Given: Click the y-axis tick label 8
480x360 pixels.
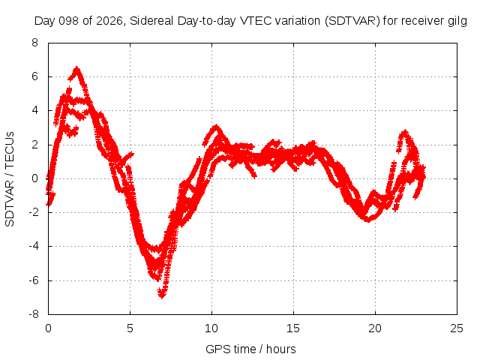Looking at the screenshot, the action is coord(35,43).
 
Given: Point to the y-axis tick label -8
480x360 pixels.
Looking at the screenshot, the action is coord(34,314).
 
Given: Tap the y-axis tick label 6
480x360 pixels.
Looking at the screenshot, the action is coord(35,76).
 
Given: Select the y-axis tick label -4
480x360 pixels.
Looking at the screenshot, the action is coord(34,246).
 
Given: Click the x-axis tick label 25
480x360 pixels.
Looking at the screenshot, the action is coord(457,328).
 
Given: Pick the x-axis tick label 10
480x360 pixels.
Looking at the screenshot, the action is coord(211,328).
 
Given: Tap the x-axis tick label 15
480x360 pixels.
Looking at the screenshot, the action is coord(293,328).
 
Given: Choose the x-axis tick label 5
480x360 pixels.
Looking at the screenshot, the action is coord(130,328).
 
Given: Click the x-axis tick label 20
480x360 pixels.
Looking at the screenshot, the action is coord(375,328).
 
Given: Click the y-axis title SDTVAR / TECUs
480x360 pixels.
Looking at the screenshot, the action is coord(10,179).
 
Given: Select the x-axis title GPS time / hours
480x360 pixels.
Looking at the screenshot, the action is coord(250,349).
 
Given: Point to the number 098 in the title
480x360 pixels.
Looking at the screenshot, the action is coord(68,21).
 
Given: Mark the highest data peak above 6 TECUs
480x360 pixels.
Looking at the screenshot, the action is coord(76,68).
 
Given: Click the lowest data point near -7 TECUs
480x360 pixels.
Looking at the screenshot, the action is coord(162,295).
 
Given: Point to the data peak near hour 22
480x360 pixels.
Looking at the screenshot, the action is coord(405,132).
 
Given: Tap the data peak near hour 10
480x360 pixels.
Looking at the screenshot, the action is coord(217,126).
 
